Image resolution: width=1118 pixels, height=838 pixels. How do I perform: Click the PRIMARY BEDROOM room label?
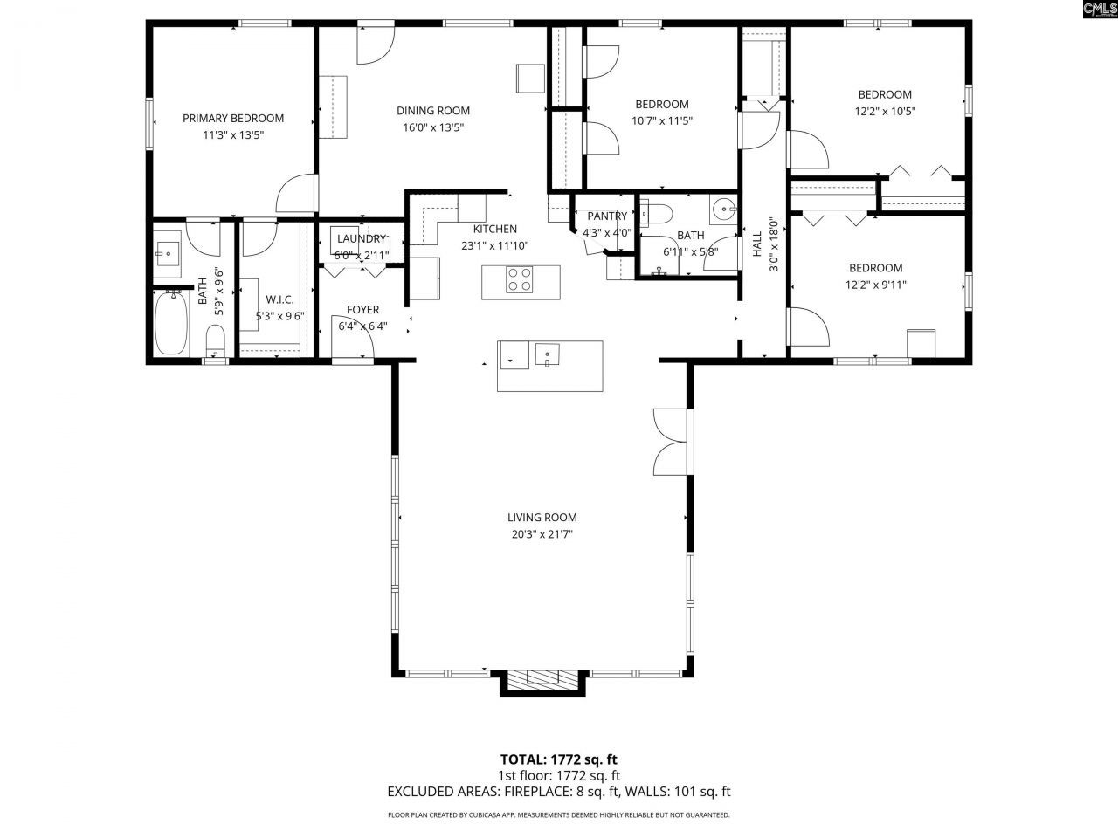(x=233, y=118)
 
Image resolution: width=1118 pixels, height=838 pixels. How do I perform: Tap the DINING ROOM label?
(x=433, y=110)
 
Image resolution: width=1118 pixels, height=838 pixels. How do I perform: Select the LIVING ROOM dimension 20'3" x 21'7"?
(x=542, y=534)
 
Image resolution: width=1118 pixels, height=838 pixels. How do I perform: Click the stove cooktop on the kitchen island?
(x=519, y=279)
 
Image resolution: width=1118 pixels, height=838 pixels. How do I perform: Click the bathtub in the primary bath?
(x=170, y=322)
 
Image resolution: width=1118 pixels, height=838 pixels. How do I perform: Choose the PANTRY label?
(x=607, y=216)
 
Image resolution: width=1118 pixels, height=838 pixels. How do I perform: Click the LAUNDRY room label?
(x=361, y=238)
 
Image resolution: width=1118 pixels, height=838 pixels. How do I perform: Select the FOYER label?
(x=362, y=309)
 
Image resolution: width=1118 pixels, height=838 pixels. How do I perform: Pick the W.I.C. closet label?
(x=279, y=299)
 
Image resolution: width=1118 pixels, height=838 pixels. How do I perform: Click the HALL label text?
(x=757, y=244)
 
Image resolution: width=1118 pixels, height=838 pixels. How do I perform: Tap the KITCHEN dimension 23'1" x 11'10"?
(x=494, y=246)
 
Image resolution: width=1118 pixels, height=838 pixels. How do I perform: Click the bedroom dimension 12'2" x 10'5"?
(x=885, y=111)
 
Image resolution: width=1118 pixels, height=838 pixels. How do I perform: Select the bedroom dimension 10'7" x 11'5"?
(x=662, y=120)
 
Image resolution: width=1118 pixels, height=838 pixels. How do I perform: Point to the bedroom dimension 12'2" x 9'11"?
(x=875, y=285)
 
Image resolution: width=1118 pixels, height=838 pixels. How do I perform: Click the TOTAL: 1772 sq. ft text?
(x=558, y=759)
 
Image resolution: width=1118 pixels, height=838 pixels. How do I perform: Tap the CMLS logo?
(x=1101, y=9)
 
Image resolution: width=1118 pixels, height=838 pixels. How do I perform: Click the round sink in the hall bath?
(x=723, y=209)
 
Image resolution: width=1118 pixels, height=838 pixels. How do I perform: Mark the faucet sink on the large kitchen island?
(x=547, y=355)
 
